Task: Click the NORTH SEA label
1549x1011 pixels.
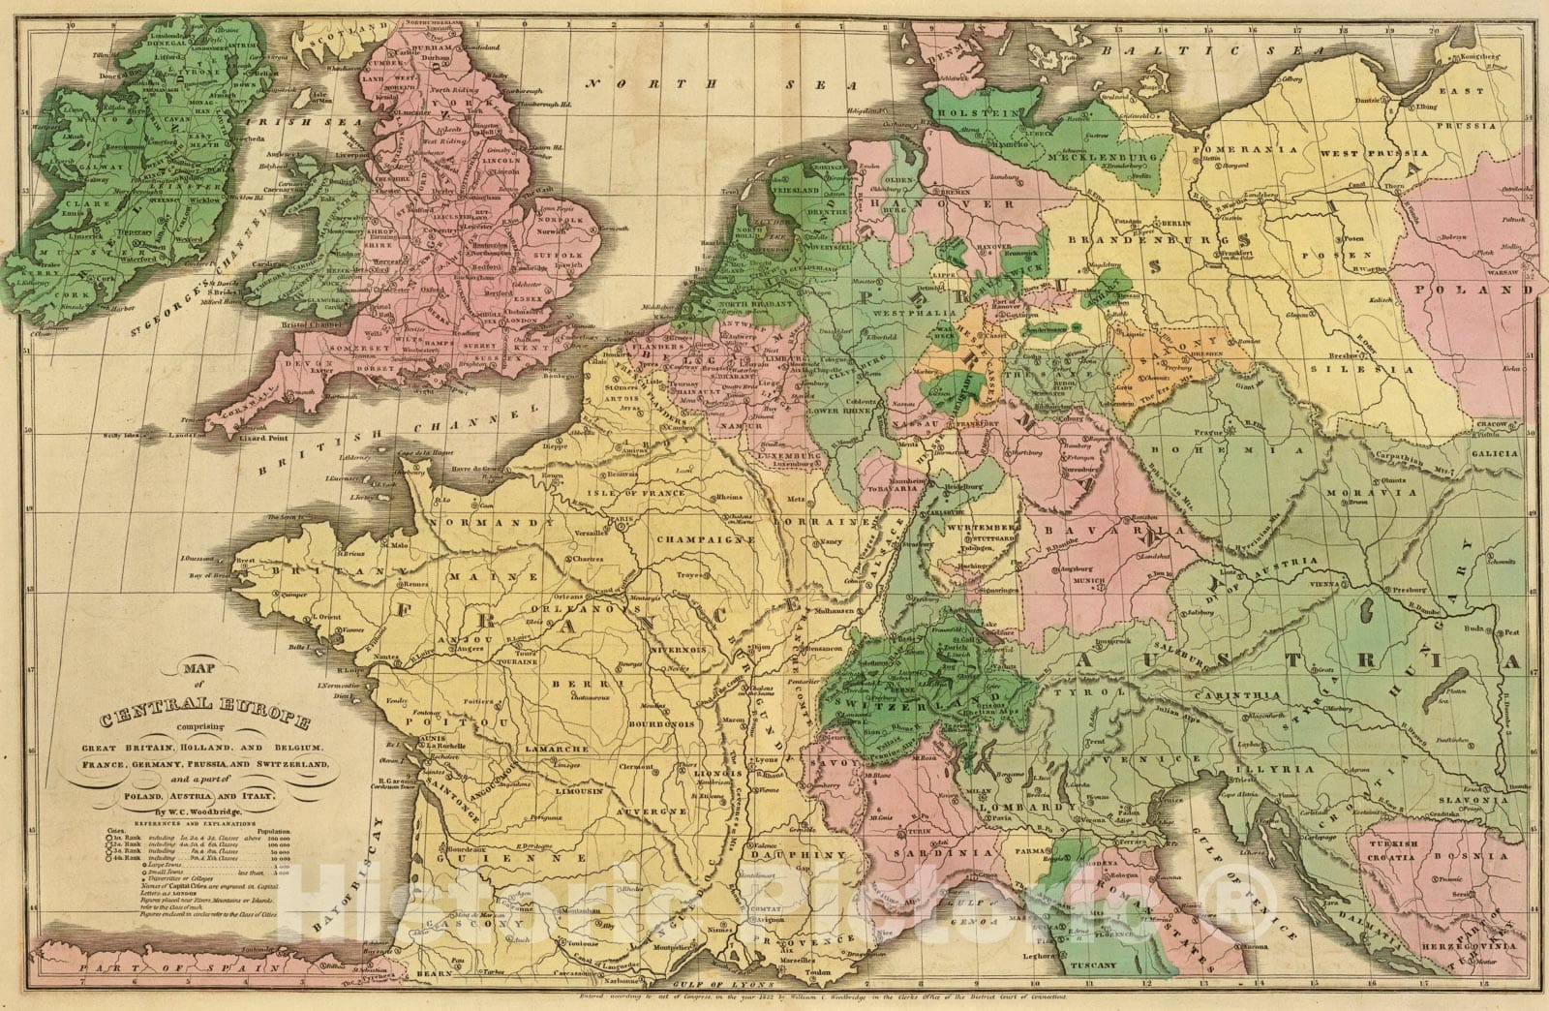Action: (x=722, y=84)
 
